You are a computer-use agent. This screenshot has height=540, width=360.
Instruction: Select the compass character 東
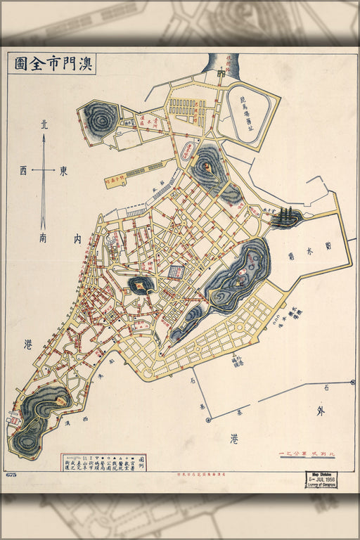[63, 170]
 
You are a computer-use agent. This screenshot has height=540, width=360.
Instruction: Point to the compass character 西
[24, 170]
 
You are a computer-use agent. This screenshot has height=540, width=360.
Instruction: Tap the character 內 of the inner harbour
[77, 239]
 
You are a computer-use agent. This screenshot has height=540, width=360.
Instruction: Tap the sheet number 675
[11, 476]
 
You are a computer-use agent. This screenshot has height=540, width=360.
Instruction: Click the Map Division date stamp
[321, 480]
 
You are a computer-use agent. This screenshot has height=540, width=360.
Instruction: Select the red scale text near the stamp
[302, 454]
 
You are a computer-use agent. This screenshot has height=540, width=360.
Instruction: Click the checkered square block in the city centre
[176, 272]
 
